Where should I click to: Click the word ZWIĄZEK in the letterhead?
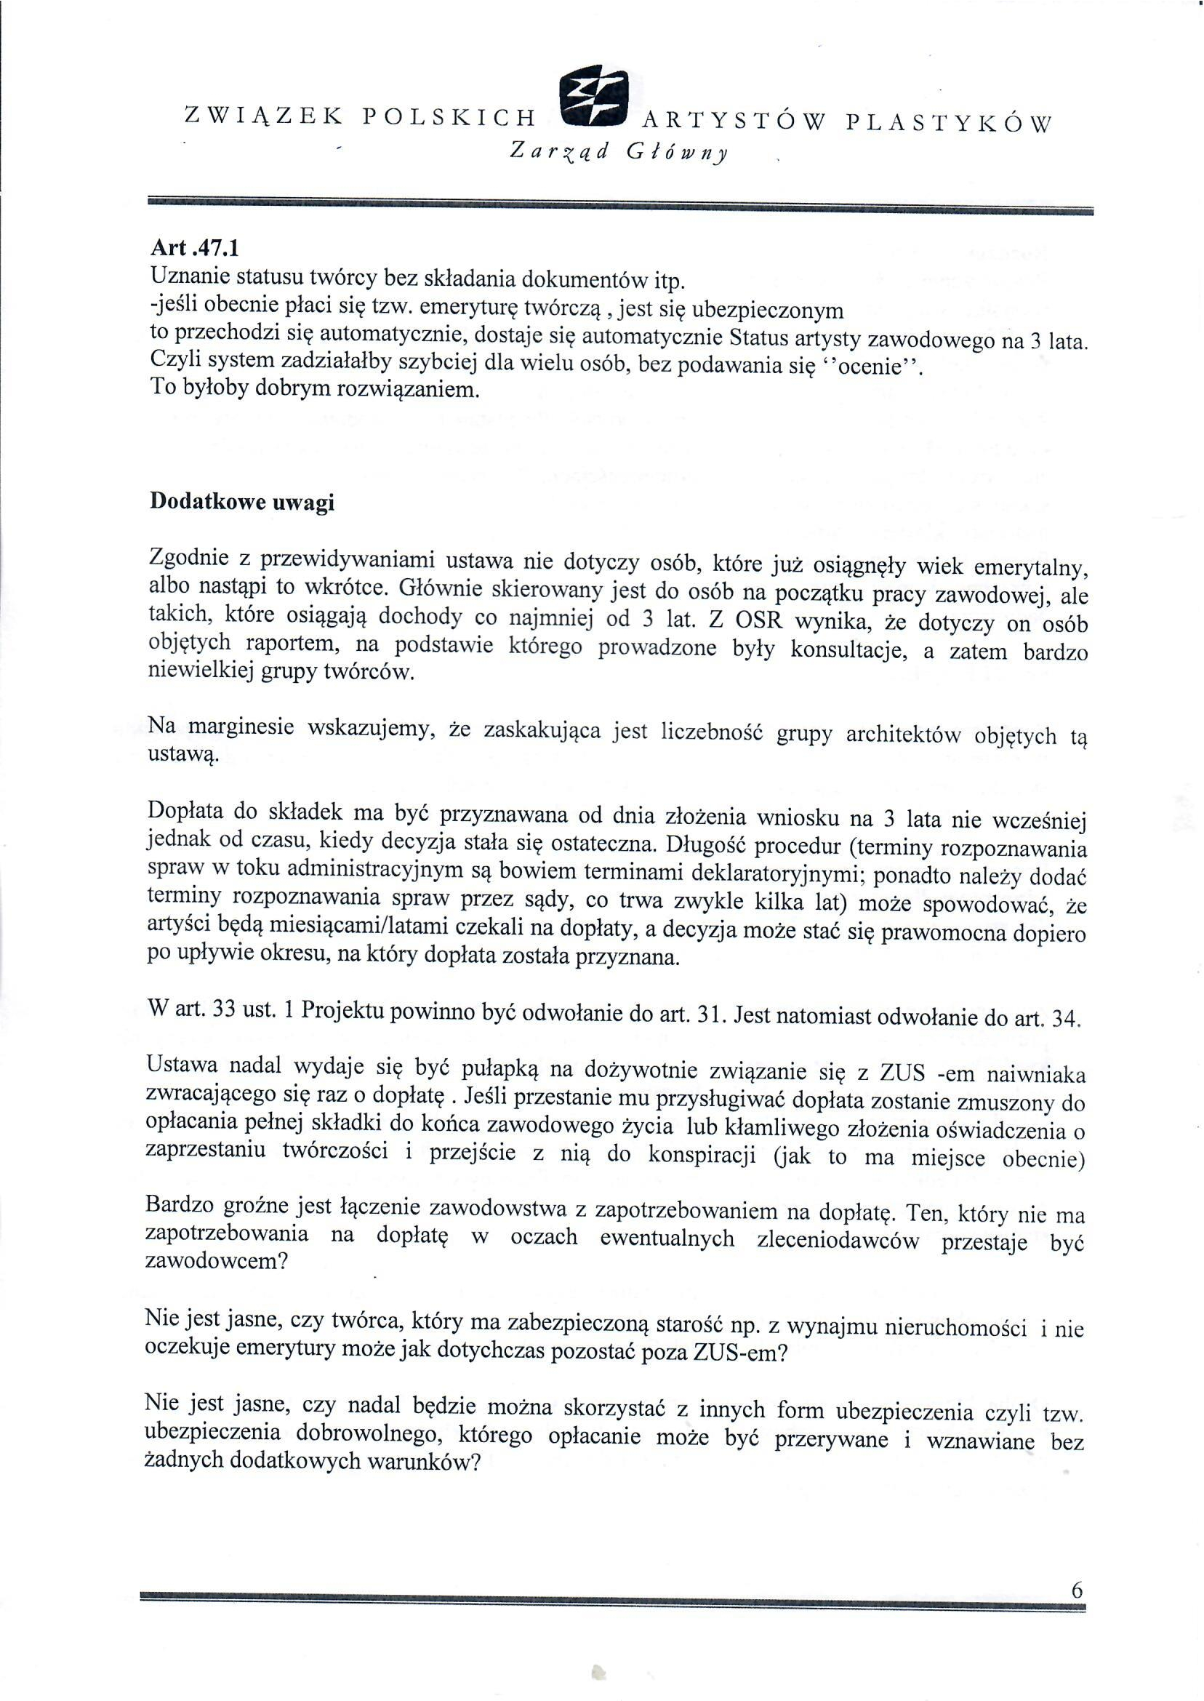coord(263,116)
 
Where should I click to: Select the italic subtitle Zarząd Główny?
coord(619,153)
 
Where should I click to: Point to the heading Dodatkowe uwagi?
coord(241,502)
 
